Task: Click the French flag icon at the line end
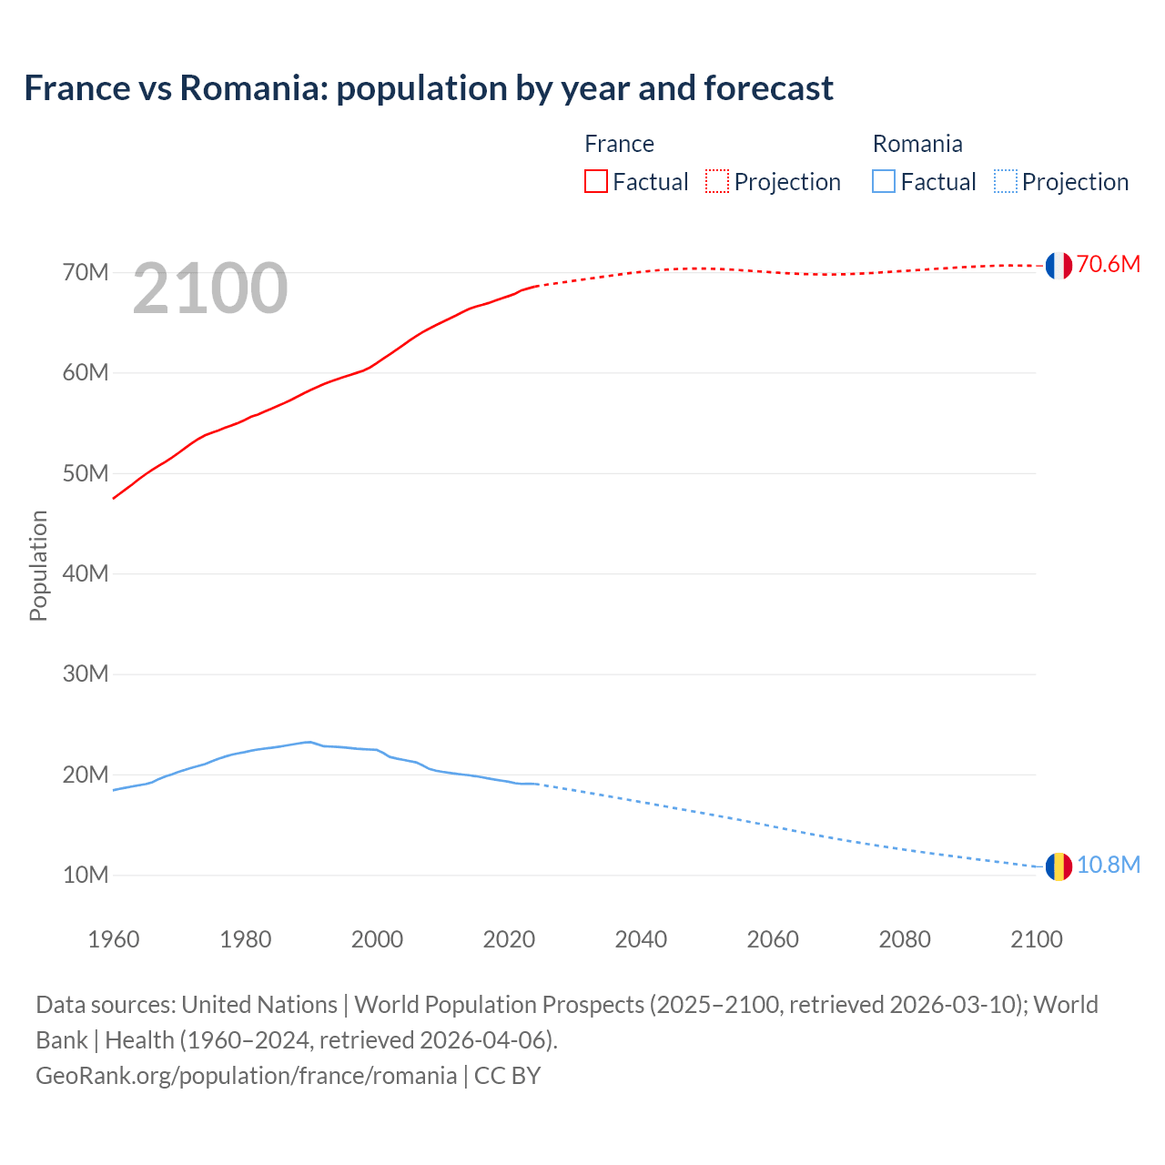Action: click(x=1058, y=265)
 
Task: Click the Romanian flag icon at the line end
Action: click(x=1058, y=866)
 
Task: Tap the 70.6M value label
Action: click(x=1108, y=265)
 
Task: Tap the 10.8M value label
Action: click(x=1108, y=866)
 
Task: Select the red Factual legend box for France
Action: click(x=595, y=182)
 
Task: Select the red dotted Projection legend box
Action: click(x=717, y=182)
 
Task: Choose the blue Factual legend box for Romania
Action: click(x=883, y=182)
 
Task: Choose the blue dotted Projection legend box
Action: click(x=1005, y=182)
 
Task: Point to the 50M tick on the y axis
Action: click(x=86, y=473)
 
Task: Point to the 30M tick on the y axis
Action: click(x=86, y=674)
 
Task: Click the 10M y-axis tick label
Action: click(x=86, y=876)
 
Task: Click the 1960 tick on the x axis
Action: click(x=114, y=939)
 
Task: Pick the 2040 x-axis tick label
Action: click(x=641, y=939)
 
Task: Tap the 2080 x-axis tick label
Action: click(x=905, y=939)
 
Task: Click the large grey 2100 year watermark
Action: click(x=210, y=289)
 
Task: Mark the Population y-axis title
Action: click(x=38, y=566)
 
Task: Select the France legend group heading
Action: click(x=619, y=144)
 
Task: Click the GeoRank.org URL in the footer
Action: click(x=246, y=1076)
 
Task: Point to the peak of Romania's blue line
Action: click(x=309, y=742)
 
